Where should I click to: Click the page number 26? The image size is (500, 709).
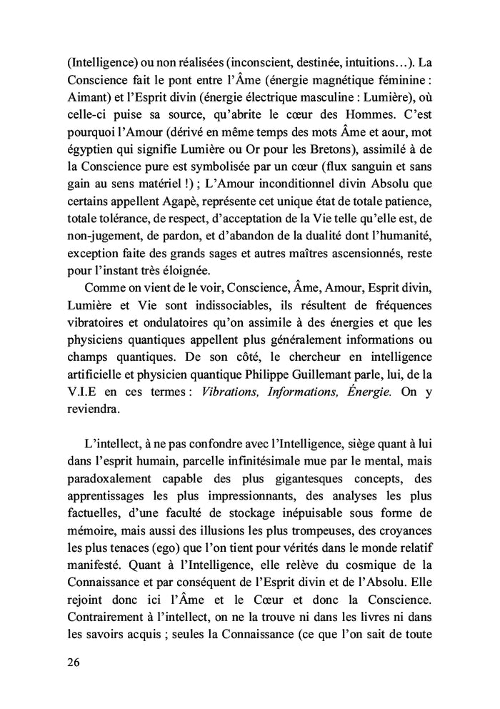coord(69,663)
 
